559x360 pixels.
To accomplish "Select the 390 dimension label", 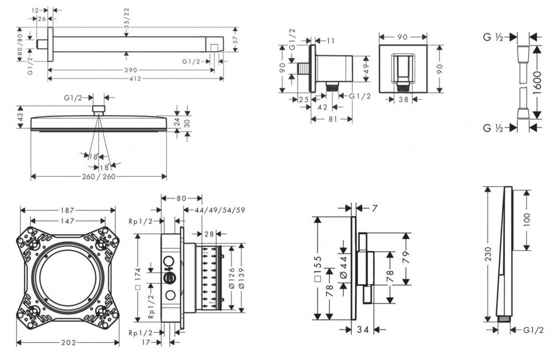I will [130, 70].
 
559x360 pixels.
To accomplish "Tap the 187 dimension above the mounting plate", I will [68, 210].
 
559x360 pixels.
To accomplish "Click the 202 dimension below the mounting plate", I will [68, 343].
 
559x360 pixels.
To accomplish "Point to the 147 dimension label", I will [68, 221].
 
